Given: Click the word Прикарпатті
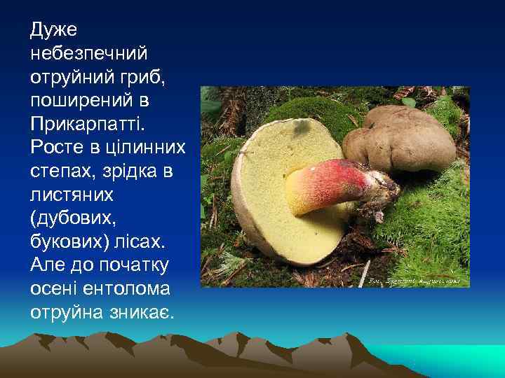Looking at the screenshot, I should pyautogui.click(x=86, y=124).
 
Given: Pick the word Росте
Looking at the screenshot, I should pyautogui.click(x=54, y=148).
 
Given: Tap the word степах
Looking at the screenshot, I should pyautogui.click(x=60, y=171).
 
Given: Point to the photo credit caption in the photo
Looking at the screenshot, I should pyautogui.click(x=414, y=281).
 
